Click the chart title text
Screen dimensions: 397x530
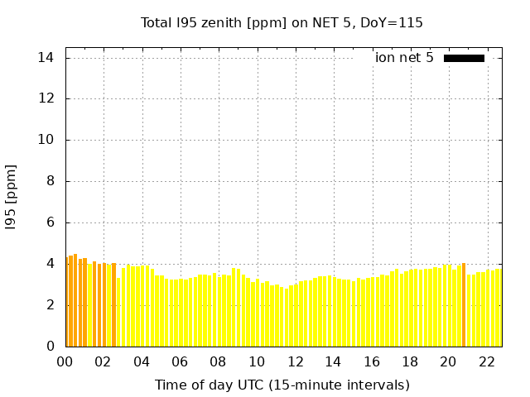pyautogui.click(x=282, y=22)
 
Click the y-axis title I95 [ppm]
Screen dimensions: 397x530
pyautogui.click(x=12, y=196)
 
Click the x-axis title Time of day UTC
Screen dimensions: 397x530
pyautogui.click(x=282, y=385)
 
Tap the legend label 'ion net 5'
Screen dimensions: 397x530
pyautogui.click(x=403, y=58)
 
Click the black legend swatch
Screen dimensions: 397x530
pyautogui.click(x=464, y=58)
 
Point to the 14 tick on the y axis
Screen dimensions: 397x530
pyautogui.click(x=46, y=58)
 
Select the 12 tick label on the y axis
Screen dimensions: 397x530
pyautogui.click(x=46, y=98)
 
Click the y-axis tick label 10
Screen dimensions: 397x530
pyautogui.click(x=46, y=140)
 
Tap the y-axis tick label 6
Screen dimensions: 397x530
pyautogui.click(x=50, y=222)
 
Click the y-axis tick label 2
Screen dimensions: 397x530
pyautogui.click(x=50, y=304)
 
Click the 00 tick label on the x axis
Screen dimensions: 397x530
pyautogui.click(x=65, y=361)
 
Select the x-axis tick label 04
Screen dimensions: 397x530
pyautogui.click(x=142, y=361)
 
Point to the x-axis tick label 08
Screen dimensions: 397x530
pyautogui.click(x=218, y=361)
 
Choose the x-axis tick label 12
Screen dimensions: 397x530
pyautogui.click(x=295, y=361)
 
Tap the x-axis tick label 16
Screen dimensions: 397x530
pyautogui.click(x=371, y=361)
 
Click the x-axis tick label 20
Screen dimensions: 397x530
pyautogui.click(x=448, y=361)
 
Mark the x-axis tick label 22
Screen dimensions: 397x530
pyautogui.click(x=486, y=361)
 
